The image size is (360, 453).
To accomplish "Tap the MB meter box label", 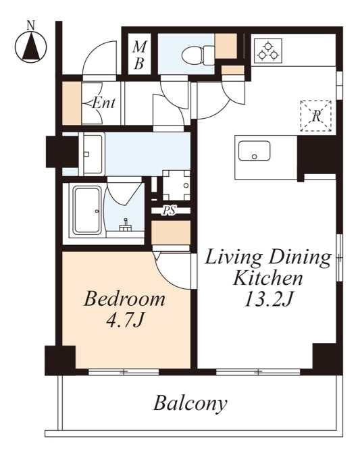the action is tap(140, 55).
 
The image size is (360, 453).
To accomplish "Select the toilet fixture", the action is tap(199, 55).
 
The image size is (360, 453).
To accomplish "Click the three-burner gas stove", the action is tap(268, 51).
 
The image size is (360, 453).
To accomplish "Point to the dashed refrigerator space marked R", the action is tap(316, 116).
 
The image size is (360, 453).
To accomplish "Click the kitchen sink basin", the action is tap(254, 151).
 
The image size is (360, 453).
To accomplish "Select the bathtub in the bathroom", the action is tap(87, 210).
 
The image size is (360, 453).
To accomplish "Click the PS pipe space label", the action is tap(168, 211).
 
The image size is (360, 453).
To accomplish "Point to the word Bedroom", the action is tap(124, 299).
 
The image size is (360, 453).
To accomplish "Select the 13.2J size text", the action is tap(269, 299).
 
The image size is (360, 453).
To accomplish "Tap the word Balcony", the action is tap(190, 404).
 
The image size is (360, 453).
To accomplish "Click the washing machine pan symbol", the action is tap(176, 185).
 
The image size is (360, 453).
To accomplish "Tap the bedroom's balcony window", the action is tap(124, 372).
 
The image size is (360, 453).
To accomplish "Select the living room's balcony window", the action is tap(258, 372).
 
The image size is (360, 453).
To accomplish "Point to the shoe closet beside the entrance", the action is tap(72, 103).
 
